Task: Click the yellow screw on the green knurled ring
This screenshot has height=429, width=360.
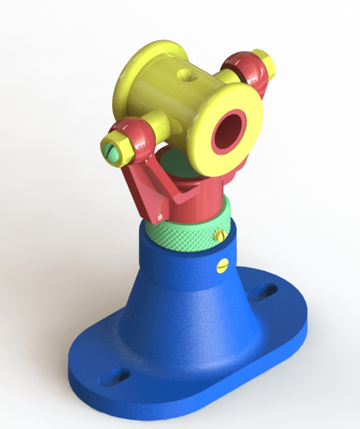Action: click(x=220, y=235)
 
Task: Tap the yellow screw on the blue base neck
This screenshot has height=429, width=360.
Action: click(x=220, y=266)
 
